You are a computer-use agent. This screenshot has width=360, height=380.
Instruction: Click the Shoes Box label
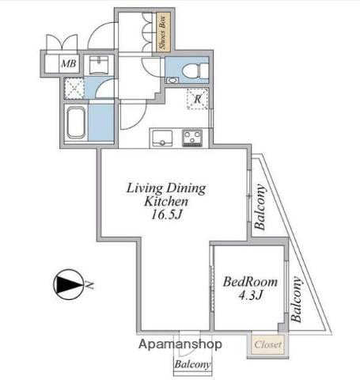pos(162,32)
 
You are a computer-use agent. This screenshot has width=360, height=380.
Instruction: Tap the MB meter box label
pos(69,63)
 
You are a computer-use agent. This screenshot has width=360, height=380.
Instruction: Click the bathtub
pos(76,123)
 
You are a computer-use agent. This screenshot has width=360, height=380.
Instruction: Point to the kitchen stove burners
pos(192,138)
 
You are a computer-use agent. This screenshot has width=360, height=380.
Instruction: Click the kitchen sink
pos(161,138)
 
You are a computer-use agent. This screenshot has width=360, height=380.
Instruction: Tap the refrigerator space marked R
pos(198,99)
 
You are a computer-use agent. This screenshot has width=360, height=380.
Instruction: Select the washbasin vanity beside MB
pos(99,65)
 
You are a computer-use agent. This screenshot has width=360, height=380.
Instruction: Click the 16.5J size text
pos(166,215)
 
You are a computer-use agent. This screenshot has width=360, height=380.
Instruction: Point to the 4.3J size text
pos(251,295)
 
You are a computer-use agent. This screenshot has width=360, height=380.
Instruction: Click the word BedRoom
pos(250,282)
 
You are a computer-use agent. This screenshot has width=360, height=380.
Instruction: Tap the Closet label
pos(268,344)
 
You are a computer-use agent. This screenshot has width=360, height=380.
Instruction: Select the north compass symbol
pos(69,284)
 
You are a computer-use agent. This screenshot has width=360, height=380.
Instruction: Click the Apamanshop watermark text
pos(180,344)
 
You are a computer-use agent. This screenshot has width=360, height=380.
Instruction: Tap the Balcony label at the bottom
pos(192,364)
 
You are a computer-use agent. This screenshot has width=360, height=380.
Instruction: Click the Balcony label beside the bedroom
pos(296,299)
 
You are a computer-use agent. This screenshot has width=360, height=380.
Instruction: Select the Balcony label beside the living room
pos(260,207)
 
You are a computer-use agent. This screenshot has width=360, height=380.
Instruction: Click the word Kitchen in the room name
pos(166,202)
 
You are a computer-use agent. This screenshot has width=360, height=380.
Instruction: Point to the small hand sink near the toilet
pos(172,80)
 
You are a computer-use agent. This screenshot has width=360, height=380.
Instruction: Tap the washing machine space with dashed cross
pos(74,88)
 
